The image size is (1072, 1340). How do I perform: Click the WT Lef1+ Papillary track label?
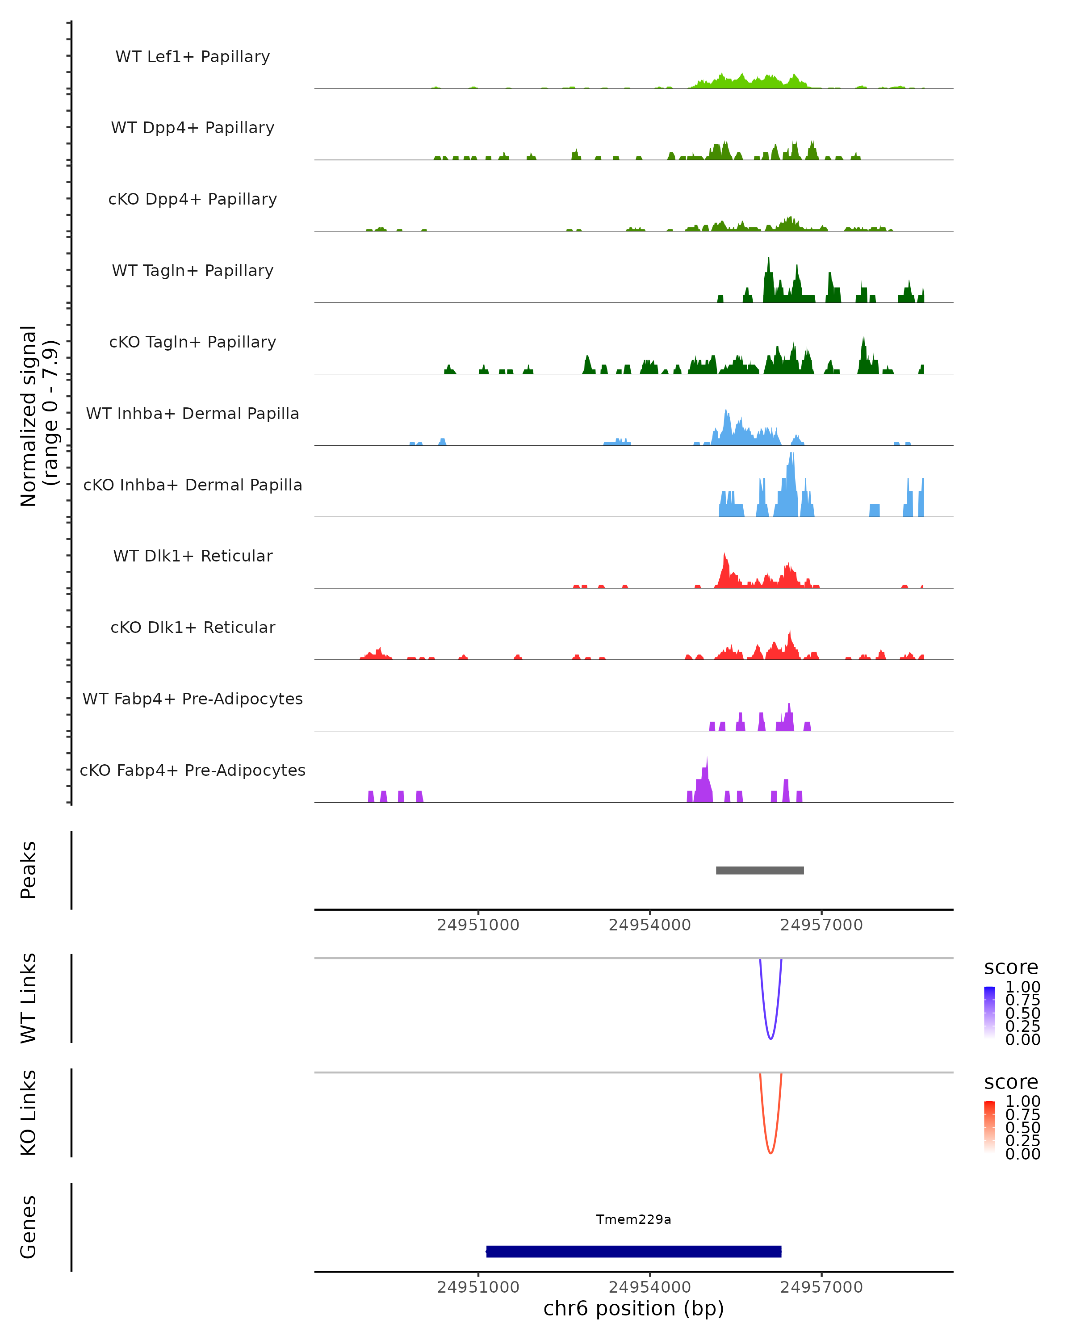coord(193,57)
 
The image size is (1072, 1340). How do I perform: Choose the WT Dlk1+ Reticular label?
coord(193,556)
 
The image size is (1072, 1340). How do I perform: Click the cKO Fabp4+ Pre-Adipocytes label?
coord(193,770)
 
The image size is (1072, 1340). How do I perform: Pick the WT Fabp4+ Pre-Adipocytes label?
coord(193,699)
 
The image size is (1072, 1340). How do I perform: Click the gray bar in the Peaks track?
coord(759,870)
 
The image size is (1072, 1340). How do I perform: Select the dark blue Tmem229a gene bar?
coord(633,1251)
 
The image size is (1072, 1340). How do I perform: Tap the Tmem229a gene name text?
coord(633,1219)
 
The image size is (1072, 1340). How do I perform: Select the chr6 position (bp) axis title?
coord(633,1308)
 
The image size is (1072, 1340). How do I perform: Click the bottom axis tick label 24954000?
coord(649,1286)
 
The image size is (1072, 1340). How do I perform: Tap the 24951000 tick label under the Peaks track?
coord(478,925)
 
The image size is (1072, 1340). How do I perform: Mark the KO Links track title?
coord(29,1113)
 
